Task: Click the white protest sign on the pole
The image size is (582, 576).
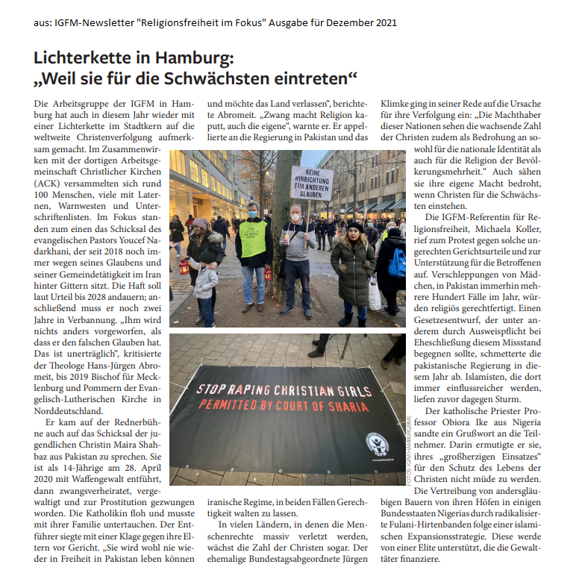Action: pyautogui.click(x=311, y=183)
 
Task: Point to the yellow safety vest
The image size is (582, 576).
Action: pyautogui.click(x=252, y=238)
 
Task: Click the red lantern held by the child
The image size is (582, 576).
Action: pyautogui.click(x=182, y=266)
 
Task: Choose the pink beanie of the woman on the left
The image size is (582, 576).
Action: pyautogui.click(x=199, y=223)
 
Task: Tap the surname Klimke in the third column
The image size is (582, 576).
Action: pyautogui.click(x=398, y=102)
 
